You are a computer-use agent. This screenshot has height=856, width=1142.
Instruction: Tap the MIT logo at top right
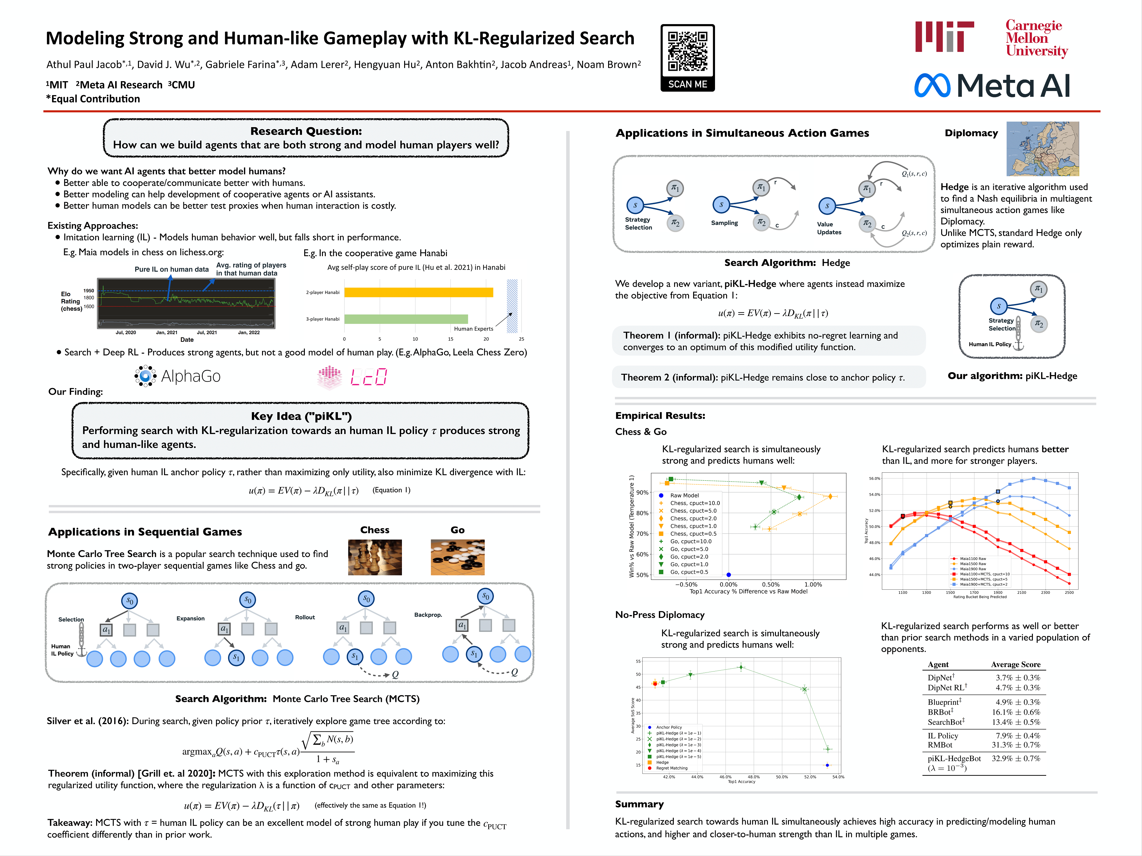pyautogui.click(x=944, y=37)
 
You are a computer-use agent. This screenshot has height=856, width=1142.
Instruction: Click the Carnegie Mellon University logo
pyautogui.click(x=1036, y=38)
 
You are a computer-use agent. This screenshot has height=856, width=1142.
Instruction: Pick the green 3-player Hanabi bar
pyautogui.click(x=406, y=319)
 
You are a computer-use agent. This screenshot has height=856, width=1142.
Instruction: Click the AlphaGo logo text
pyautogui.click(x=191, y=376)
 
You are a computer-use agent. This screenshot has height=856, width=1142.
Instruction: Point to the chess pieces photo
pyautogui.click(x=375, y=557)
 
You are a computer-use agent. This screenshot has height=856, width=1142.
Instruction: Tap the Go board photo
pyautogui.click(x=457, y=557)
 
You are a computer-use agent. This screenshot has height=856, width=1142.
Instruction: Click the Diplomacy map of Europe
pyautogui.click(x=1042, y=149)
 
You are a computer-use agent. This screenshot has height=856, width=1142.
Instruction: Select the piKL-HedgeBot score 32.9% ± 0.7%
pyautogui.click(x=1015, y=758)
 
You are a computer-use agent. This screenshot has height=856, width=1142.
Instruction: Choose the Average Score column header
pyautogui.click(x=1015, y=665)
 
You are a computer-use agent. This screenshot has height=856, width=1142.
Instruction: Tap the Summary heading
pyautogui.click(x=639, y=804)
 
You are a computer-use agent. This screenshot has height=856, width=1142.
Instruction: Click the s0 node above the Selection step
pyautogui.click(x=129, y=600)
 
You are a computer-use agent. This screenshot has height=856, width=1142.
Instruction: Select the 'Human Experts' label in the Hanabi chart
pyautogui.click(x=473, y=329)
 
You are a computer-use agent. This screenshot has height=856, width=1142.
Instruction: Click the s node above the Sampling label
pyautogui.click(x=721, y=204)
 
